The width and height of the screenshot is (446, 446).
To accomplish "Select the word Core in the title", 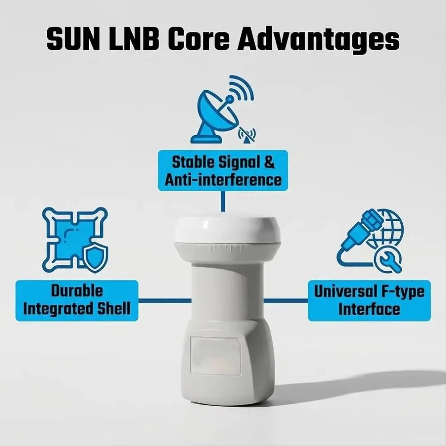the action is (198, 38).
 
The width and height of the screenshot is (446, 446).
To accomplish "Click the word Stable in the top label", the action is (194, 162).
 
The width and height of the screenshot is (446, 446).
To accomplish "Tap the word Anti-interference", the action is (223, 179).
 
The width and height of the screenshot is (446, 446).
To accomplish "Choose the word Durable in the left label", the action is (77, 291).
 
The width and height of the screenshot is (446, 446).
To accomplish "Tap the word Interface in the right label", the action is (369, 309).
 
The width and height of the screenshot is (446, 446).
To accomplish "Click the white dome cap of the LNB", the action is (227, 230).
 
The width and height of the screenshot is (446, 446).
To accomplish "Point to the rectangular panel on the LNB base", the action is (215, 356).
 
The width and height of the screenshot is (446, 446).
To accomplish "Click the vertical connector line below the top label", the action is (223, 202).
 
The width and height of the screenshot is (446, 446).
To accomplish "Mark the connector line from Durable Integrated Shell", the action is (165, 301).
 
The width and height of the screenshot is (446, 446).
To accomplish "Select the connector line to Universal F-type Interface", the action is (286, 301).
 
